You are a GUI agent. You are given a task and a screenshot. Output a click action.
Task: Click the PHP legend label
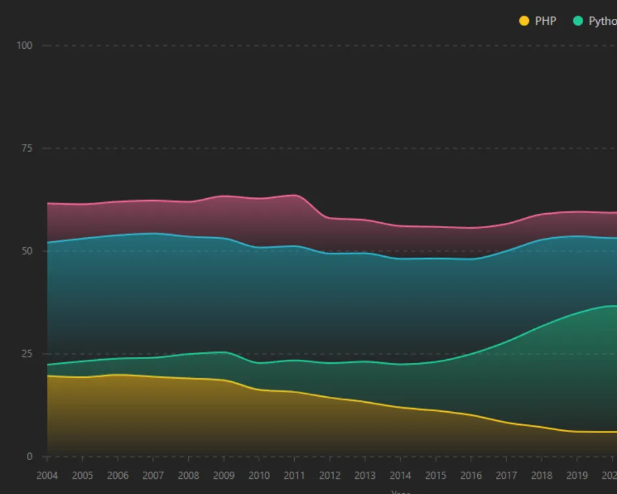pyautogui.click(x=545, y=21)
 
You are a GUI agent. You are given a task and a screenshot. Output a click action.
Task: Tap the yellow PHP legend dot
pyautogui.click(x=524, y=21)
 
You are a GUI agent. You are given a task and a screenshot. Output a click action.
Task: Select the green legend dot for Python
pyautogui.click(x=577, y=21)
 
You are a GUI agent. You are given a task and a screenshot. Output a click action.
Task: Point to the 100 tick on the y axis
pyautogui.click(x=25, y=46)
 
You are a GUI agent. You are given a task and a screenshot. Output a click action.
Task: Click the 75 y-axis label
pyautogui.click(x=27, y=149)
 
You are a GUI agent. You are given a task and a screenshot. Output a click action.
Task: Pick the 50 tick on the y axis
pyautogui.click(x=27, y=251)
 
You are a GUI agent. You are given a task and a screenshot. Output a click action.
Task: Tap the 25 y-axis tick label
pyautogui.click(x=27, y=354)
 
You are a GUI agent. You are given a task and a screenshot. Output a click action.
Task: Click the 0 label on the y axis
pyautogui.click(x=29, y=457)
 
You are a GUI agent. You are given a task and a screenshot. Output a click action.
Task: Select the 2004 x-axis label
pyautogui.click(x=48, y=475)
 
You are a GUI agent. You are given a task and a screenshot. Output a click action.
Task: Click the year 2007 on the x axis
pyautogui.click(x=153, y=475)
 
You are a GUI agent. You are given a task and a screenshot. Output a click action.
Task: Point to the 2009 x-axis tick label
pyautogui.click(x=224, y=475)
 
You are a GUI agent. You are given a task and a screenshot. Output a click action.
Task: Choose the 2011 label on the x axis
pyautogui.click(x=294, y=475)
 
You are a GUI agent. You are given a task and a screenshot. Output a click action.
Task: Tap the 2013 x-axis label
pyautogui.click(x=365, y=475)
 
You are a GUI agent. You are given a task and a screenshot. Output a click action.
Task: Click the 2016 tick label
pyautogui.click(x=471, y=475)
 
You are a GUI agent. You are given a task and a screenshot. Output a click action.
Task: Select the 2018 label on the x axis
pyautogui.click(x=542, y=475)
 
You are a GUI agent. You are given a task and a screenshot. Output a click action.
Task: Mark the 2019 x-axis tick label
pyautogui.click(x=577, y=475)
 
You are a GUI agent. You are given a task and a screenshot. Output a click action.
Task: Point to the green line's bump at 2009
pyautogui.click(x=224, y=352)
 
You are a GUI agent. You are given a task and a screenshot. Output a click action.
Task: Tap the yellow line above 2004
pyautogui.click(x=48, y=376)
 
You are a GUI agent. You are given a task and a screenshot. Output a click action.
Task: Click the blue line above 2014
pyautogui.click(x=400, y=259)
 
